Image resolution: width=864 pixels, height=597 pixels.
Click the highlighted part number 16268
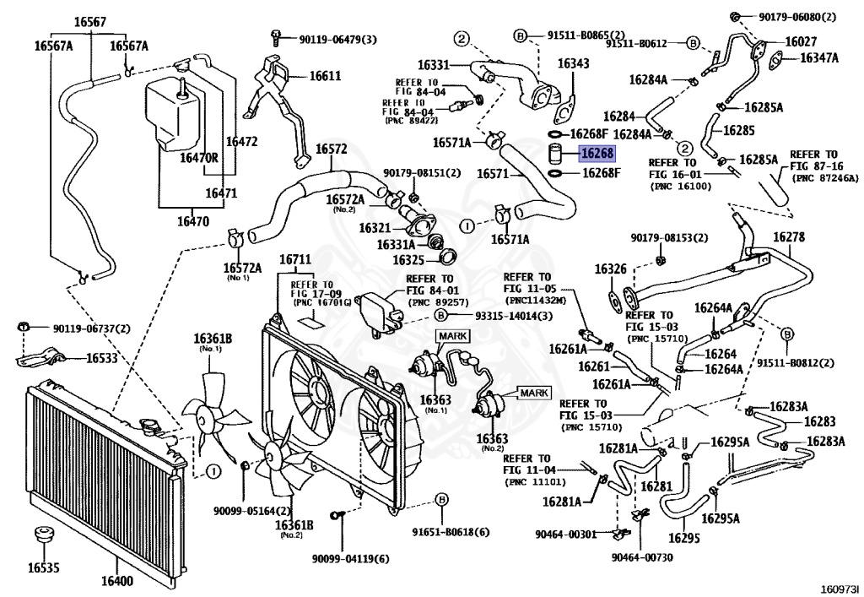click(x=597, y=153)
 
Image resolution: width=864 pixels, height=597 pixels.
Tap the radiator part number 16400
click(x=116, y=580)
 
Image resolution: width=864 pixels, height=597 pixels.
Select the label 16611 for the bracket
click(x=325, y=75)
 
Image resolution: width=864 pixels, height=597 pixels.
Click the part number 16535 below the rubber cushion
click(x=44, y=567)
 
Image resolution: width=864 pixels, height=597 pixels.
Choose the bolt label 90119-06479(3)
click(x=337, y=40)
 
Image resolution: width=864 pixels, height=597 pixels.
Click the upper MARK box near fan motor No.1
click(x=453, y=336)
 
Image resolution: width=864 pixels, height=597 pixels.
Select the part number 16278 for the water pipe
click(x=789, y=237)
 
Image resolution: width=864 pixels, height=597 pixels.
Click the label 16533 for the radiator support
click(x=102, y=358)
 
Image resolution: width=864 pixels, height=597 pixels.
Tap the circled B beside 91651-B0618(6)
click(x=441, y=500)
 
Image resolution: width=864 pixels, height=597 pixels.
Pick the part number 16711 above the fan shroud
click(x=295, y=259)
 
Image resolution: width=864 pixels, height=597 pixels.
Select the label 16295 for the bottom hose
click(x=683, y=537)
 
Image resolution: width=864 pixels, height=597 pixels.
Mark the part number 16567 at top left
click(x=89, y=22)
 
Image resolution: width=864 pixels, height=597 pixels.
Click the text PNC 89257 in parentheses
click(x=438, y=302)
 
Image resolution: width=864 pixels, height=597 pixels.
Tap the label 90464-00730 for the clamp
click(x=642, y=557)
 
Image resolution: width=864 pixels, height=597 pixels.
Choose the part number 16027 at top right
click(x=801, y=41)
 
